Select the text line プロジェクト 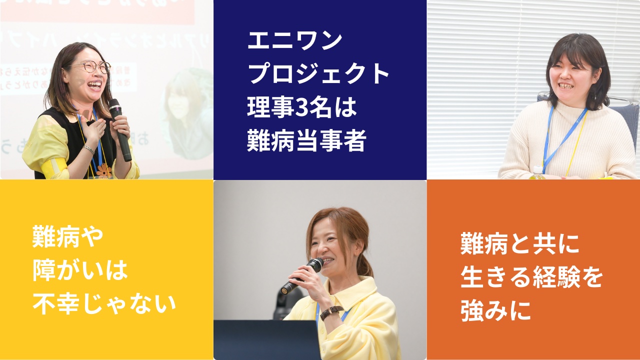[x=319, y=74]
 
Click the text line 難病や [x=68, y=237]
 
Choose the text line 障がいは [x=80, y=270]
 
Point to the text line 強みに [x=495, y=311]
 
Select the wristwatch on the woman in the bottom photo [x=331, y=312]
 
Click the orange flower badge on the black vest [x=104, y=171]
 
